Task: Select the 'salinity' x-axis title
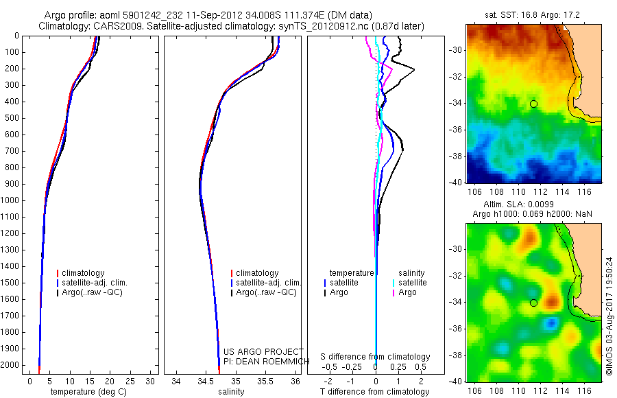click(231, 392)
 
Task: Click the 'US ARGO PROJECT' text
click(254, 352)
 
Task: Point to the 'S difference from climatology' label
click(375, 357)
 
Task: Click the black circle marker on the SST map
click(533, 104)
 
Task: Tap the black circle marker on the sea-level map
click(533, 303)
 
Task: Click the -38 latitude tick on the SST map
click(455, 156)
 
